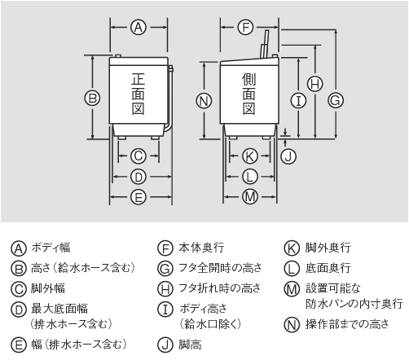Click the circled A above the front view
click(138, 28)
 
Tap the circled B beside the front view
click(93, 99)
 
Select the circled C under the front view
click(138, 155)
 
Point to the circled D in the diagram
click(138, 176)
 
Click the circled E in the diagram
click(138, 196)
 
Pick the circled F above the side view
click(245, 28)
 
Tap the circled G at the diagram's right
click(334, 99)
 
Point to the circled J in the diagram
click(287, 154)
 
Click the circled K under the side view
click(250, 155)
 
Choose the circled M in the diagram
click(250, 196)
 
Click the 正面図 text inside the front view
click(139, 94)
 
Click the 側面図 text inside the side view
click(249, 94)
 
